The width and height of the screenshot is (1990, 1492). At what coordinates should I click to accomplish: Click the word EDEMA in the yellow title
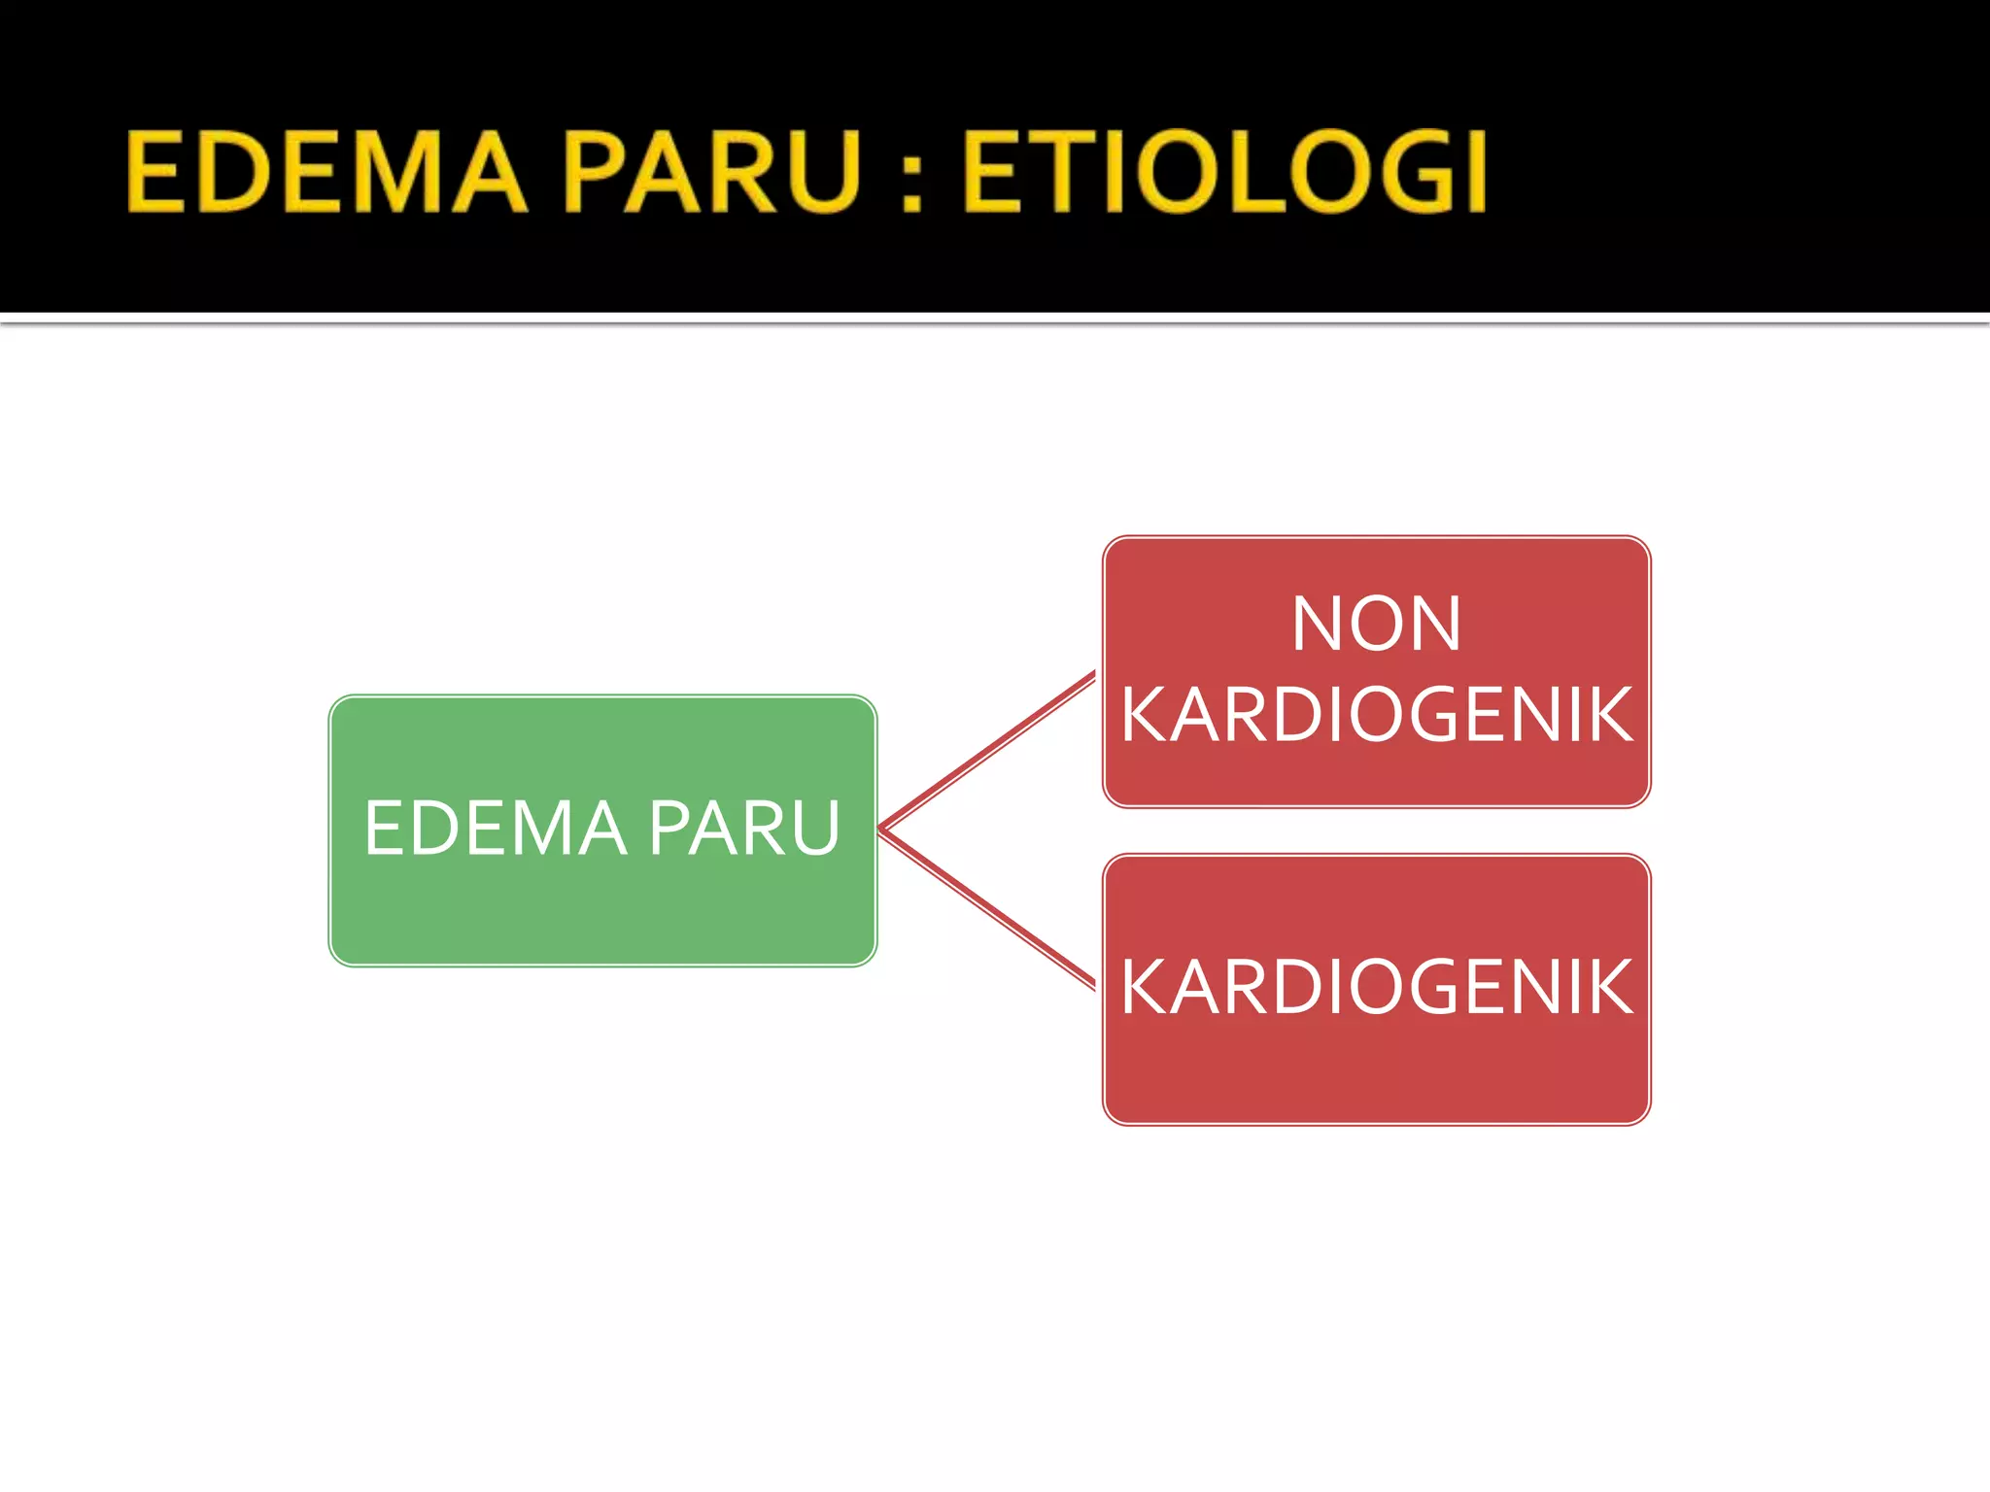point(326,172)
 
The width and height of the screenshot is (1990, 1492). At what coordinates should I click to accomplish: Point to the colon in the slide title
point(910,172)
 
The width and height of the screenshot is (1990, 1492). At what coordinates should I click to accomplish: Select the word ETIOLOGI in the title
point(1224,172)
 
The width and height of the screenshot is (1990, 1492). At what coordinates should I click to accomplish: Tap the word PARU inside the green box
point(744,829)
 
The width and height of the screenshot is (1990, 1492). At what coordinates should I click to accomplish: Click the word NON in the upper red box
point(1376,624)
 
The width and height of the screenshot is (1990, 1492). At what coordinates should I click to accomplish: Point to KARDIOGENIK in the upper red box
point(1376,715)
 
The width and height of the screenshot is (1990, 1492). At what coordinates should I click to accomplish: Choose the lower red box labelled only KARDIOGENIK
point(1376,1068)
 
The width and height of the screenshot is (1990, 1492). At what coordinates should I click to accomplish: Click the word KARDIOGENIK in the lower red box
point(1376,987)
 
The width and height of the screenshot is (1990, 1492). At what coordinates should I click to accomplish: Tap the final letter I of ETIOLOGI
point(1475,172)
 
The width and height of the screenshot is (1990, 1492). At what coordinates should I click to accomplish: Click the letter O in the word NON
point(1376,624)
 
